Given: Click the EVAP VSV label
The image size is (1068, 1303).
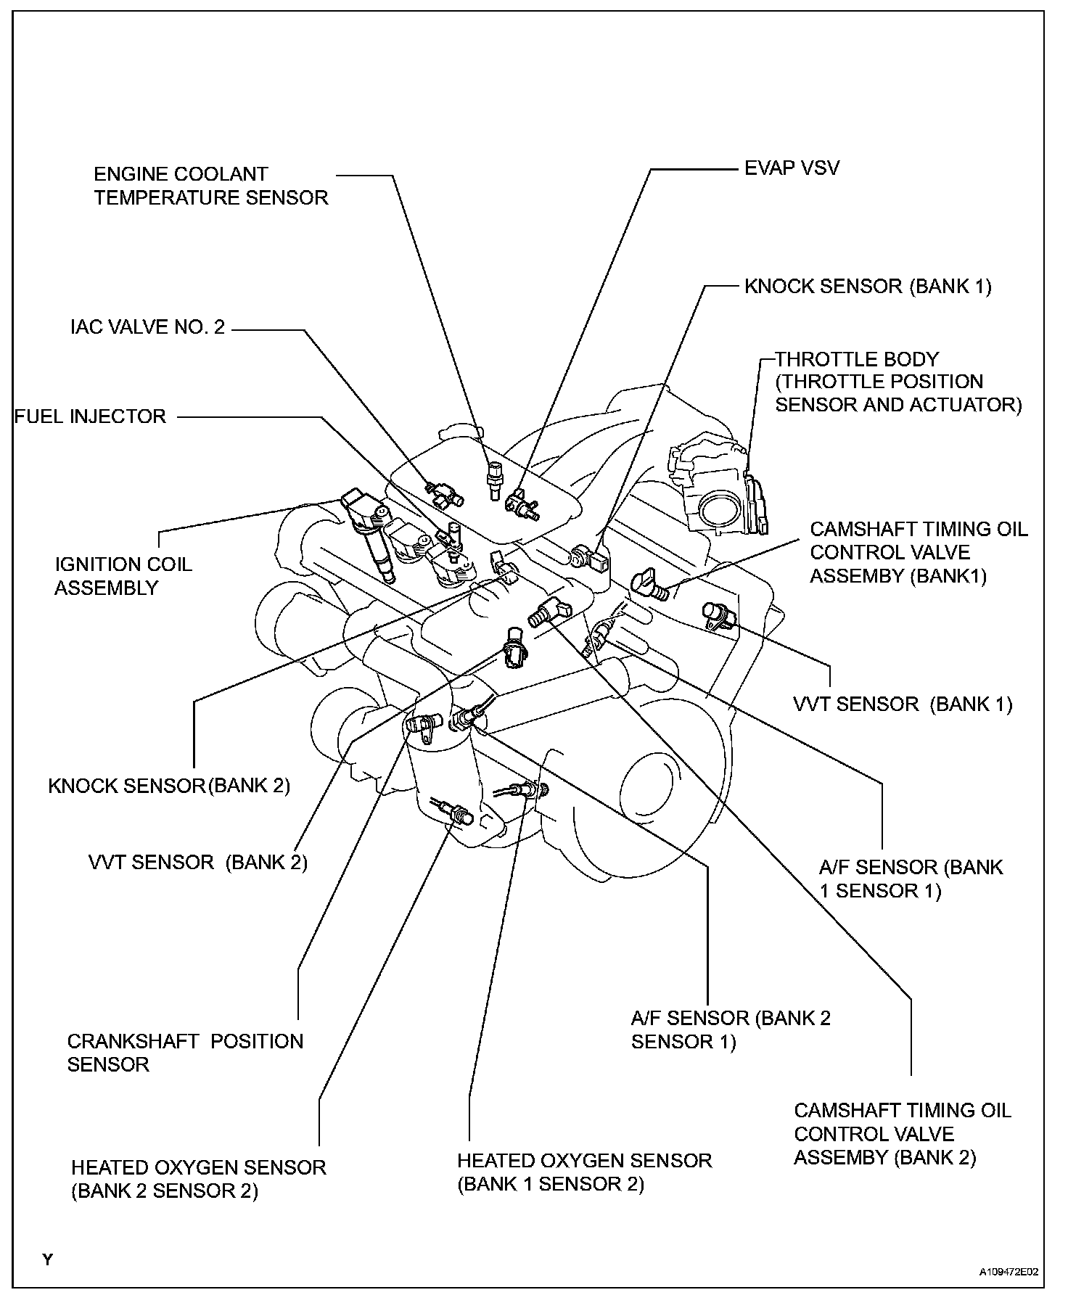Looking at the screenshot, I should (x=792, y=168).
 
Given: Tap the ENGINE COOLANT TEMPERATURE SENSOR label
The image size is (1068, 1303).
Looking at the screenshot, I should (x=210, y=186).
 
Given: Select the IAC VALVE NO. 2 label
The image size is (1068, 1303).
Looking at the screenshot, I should (x=147, y=327).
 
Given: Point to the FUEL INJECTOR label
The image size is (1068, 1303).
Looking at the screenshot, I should (x=91, y=416).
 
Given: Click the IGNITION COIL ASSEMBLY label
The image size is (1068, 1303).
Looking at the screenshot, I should (x=123, y=576).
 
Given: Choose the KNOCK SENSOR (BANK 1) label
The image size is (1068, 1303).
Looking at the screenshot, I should (x=868, y=286).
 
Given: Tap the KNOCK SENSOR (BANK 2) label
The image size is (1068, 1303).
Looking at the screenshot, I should (x=169, y=786).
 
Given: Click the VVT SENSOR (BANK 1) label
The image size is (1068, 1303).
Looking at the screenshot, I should (x=903, y=704).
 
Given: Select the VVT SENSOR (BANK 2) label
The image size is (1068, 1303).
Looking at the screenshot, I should (x=197, y=863).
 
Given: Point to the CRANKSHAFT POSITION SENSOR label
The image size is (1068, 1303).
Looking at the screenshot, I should (x=185, y=1053).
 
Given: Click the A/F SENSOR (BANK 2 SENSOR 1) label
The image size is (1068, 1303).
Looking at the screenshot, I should (x=731, y=1029).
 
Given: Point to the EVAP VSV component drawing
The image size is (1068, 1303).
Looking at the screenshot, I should (x=522, y=503).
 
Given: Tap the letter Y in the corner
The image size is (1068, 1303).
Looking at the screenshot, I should (x=48, y=1259).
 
